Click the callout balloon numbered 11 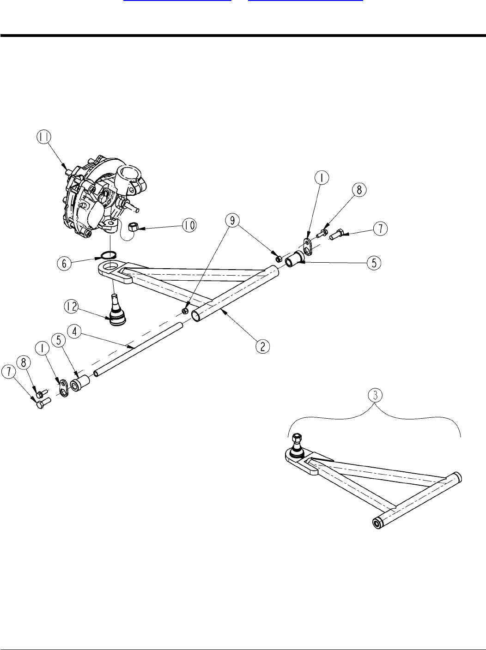[x=45, y=139]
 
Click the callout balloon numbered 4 [x=75, y=331]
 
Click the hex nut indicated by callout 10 [x=133, y=227]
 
